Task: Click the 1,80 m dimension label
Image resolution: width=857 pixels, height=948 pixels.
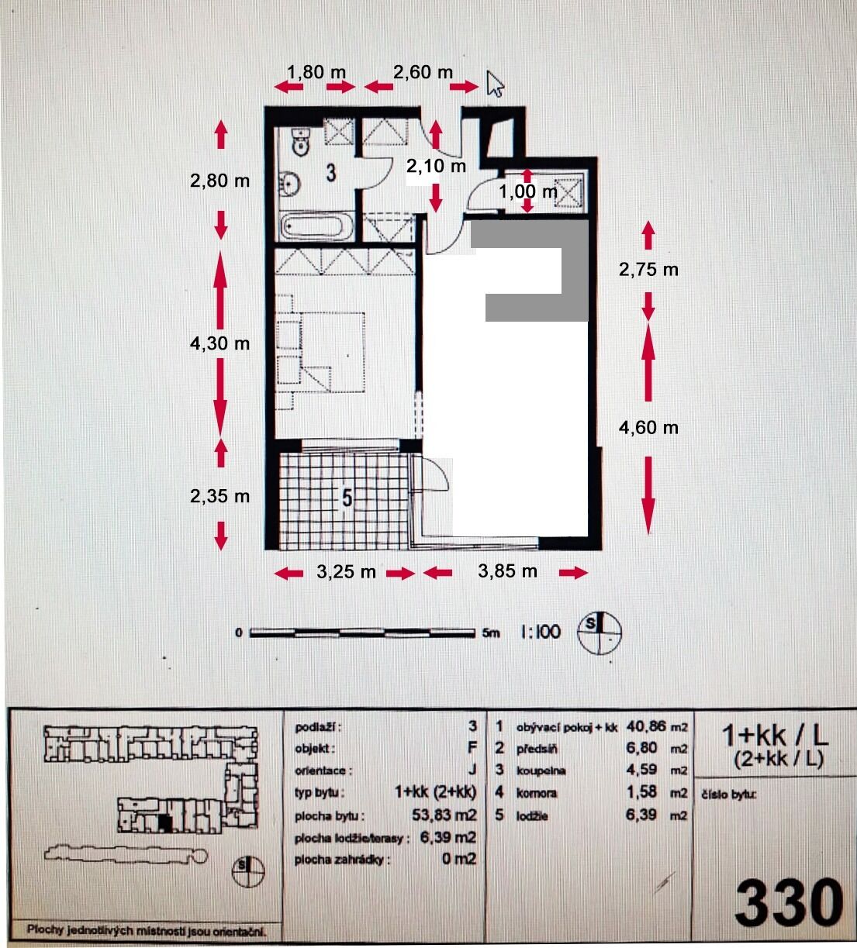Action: click(x=316, y=72)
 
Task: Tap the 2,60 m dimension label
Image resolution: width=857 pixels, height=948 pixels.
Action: click(x=423, y=72)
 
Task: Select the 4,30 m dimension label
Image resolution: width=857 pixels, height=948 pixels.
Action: click(x=220, y=343)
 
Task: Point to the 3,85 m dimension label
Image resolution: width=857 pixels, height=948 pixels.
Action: click(x=507, y=571)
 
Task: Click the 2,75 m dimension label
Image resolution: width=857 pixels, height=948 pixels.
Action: click(x=649, y=270)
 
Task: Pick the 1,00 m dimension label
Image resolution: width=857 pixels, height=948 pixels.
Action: click(x=529, y=191)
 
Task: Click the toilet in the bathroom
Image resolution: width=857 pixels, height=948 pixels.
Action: click(x=300, y=141)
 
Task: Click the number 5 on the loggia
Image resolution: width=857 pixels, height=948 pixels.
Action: click(x=347, y=498)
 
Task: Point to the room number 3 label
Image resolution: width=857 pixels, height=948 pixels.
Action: click(x=331, y=173)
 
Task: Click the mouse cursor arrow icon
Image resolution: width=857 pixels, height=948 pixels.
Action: click(x=494, y=84)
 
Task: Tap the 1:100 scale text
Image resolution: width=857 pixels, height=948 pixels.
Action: click(x=541, y=632)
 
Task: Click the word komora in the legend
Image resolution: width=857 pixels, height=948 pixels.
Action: click(x=537, y=793)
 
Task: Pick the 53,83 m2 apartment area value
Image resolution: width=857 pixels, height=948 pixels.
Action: click(x=444, y=815)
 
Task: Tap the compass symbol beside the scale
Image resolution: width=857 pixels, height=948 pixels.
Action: click(x=600, y=633)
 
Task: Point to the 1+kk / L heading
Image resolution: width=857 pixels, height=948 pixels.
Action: click(x=776, y=736)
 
